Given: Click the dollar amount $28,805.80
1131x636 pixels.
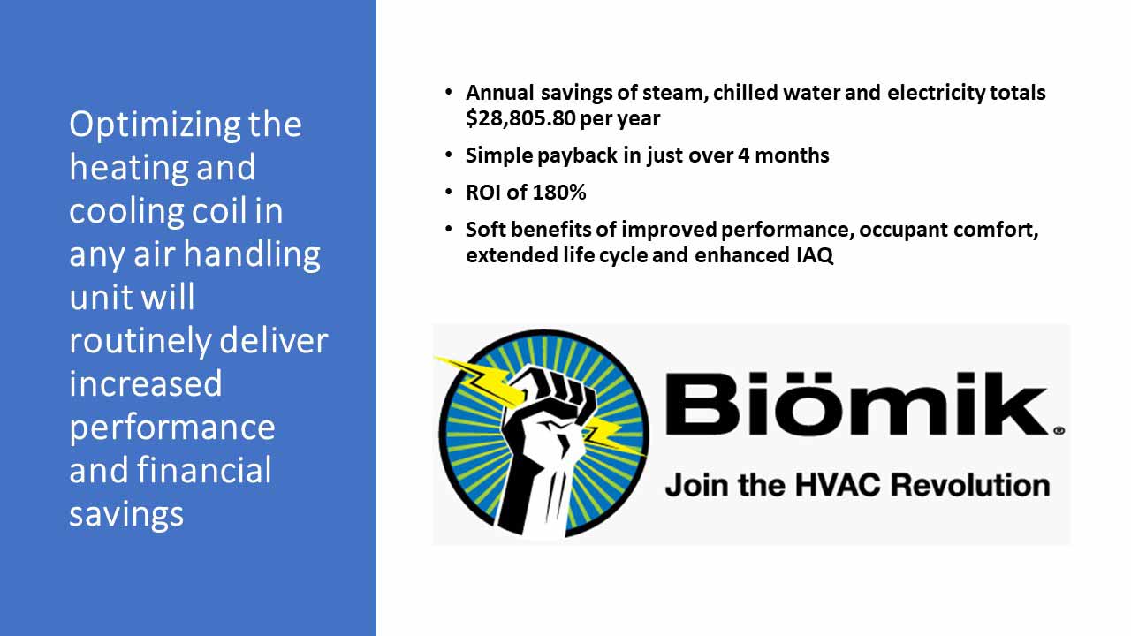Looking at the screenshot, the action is pyautogui.click(x=520, y=118).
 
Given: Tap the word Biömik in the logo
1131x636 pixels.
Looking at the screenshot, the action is pyautogui.click(x=856, y=404).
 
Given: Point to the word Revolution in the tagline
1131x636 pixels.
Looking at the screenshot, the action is pyautogui.click(x=970, y=485).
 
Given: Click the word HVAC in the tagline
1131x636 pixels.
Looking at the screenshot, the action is pyautogui.click(x=839, y=485).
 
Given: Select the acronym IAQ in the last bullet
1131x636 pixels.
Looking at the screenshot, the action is pyautogui.click(x=815, y=255).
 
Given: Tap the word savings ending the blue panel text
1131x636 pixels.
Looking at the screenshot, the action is pyautogui.click(x=126, y=515).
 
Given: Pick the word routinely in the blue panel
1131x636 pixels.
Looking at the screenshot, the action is pyautogui.click(x=140, y=342).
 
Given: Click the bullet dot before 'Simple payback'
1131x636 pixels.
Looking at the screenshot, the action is pyautogui.click(x=448, y=155).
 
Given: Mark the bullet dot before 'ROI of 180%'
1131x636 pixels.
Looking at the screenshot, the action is pyautogui.click(x=448, y=193).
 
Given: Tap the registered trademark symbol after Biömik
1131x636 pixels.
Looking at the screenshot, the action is pyautogui.click(x=1059, y=430).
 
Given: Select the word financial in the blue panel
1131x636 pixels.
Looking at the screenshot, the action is pyautogui.click(x=204, y=471).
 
